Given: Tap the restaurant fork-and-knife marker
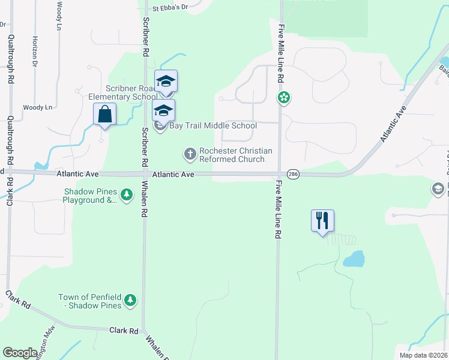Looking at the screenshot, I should (322, 221).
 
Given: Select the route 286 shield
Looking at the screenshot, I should (293, 174).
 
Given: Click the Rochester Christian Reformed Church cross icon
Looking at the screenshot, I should (190, 154).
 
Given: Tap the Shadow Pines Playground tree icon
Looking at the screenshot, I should (127, 195).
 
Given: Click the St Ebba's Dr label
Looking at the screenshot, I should (170, 8).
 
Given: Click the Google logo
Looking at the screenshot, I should (20, 353).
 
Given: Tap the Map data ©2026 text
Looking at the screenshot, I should (423, 355).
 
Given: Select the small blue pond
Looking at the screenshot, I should (354, 259).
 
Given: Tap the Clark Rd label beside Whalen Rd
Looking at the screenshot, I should (124, 331).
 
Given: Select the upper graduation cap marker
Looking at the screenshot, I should (166, 81).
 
